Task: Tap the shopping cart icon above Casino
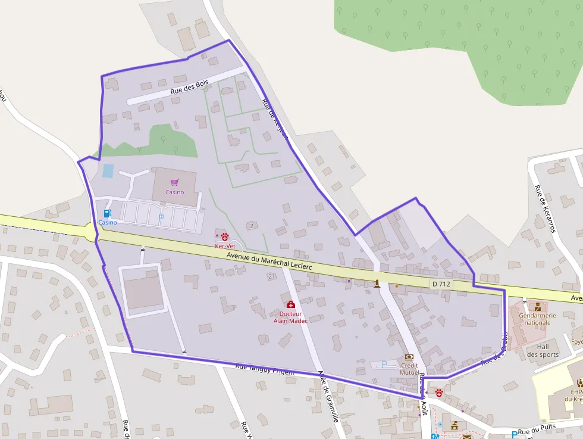174,182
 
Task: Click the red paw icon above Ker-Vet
225,236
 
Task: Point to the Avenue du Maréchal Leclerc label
269,261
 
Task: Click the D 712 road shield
441,284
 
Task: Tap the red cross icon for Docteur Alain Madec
290,304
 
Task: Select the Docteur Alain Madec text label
290,317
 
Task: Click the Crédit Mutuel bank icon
409,357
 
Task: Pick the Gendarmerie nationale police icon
537,306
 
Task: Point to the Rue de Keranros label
544,208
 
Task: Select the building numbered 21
271,276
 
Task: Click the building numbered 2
252,226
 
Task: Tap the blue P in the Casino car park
161,219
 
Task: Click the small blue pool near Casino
108,170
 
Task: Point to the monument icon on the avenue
377,283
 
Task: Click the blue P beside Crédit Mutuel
384,364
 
